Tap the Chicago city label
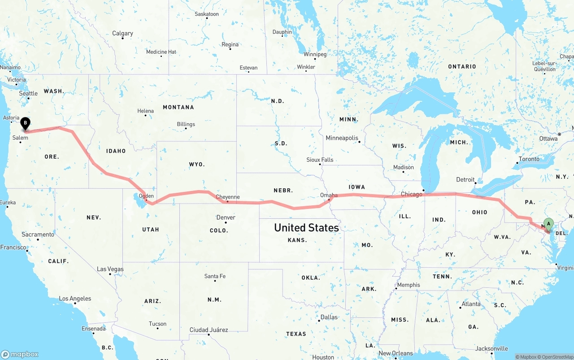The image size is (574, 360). (411, 194)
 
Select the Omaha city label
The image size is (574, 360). (329, 195)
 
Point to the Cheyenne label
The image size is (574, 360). (227, 197)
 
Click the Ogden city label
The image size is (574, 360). (147, 196)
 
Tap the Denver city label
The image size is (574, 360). (226, 217)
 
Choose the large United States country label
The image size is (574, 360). (306, 228)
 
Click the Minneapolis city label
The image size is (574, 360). (342, 138)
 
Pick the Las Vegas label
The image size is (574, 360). (110, 269)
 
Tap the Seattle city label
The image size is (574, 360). (28, 93)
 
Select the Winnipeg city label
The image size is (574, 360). (315, 54)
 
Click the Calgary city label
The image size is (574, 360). (122, 33)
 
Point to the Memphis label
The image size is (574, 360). (409, 285)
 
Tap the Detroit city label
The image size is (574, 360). (465, 179)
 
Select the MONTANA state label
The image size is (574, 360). (178, 107)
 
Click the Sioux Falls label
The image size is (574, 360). (320, 160)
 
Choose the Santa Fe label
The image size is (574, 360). (215, 276)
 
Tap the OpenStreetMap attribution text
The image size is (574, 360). (557, 357)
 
